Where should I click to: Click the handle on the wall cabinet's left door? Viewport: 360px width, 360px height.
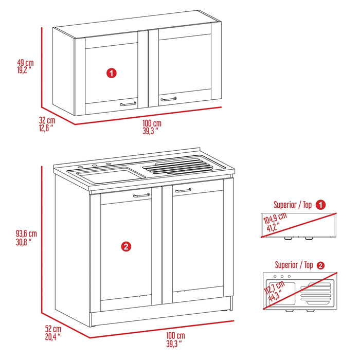[128, 103]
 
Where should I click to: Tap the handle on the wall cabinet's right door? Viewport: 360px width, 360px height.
[168, 98]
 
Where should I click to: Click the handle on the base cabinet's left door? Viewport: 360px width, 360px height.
[141, 195]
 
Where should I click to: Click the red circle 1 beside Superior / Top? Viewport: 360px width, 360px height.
[321, 205]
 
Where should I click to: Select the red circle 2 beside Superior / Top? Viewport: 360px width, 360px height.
[321, 265]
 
